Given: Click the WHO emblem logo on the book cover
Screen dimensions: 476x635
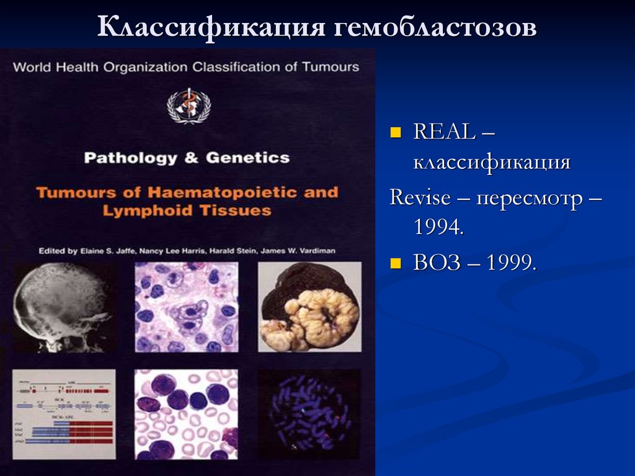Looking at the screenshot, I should click(184, 106).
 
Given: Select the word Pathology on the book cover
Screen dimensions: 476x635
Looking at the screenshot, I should click(128, 158).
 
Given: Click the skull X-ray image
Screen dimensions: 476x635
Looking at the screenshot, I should click(64, 307).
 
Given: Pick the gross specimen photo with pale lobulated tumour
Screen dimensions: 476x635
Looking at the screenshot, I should click(309, 307).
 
